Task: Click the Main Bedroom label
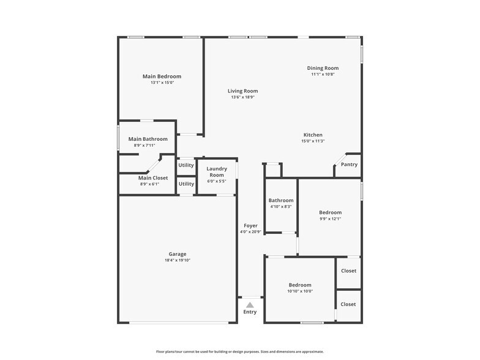click(162, 77)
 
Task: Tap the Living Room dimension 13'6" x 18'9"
click(242, 97)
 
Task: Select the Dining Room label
click(323, 68)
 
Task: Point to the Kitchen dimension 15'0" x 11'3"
click(312, 141)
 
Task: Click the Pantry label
click(349, 164)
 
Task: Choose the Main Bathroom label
click(148, 139)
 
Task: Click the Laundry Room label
click(217, 171)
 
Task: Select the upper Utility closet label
click(186, 165)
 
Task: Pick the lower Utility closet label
click(186, 184)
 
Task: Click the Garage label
click(178, 254)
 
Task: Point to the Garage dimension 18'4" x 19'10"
click(178, 260)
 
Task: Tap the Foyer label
click(250, 225)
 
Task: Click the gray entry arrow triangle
click(250, 304)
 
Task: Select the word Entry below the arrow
click(250, 312)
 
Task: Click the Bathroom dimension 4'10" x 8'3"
click(281, 206)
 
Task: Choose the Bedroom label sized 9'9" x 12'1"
click(330, 212)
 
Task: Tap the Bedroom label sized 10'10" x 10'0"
click(300, 285)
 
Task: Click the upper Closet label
click(348, 271)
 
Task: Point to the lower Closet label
click(348, 304)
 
